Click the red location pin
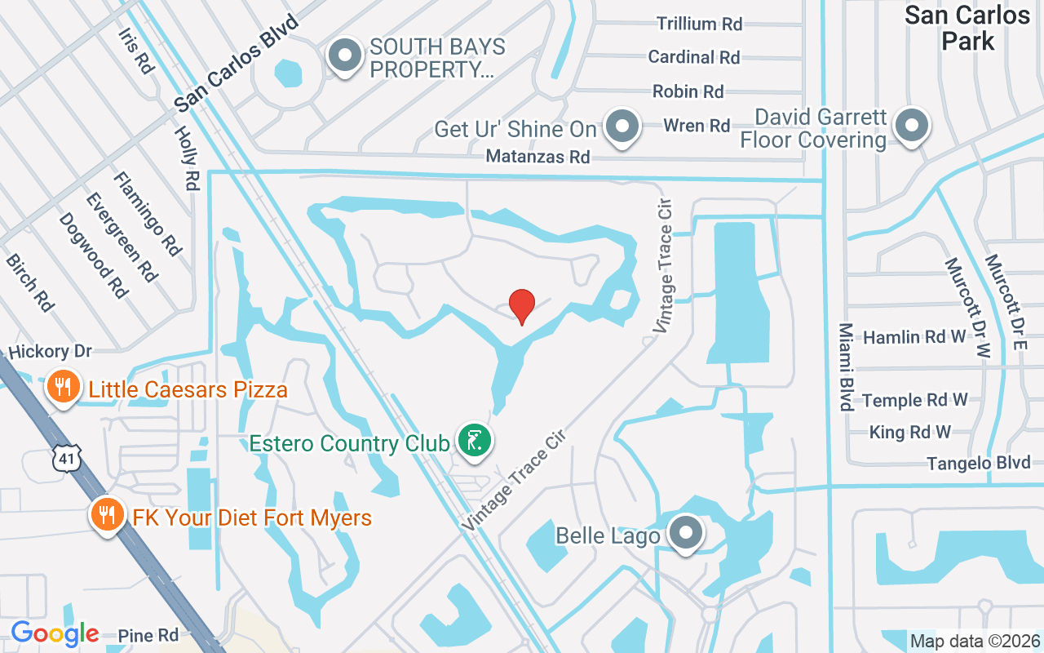click(x=522, y=306)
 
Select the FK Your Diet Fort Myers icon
click(x=106, y=514)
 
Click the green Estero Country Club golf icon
click(x=474, y=441)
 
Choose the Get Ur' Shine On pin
click(x=623, y=127)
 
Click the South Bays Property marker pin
click(x=344, y=56)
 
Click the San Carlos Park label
click(x=967, y=28)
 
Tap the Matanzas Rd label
click(x=537, y=156)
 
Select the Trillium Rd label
click(x=700, y=24)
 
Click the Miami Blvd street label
click(x=846, y=366)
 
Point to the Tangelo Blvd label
click(x=978, y=463)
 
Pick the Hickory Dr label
click(x=49, y=352)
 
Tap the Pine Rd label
click(x=148, y=635)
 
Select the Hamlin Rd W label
click(x=913, y=337)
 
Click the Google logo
click(x=55, y=633)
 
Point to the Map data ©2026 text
click(x=975, y=642)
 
